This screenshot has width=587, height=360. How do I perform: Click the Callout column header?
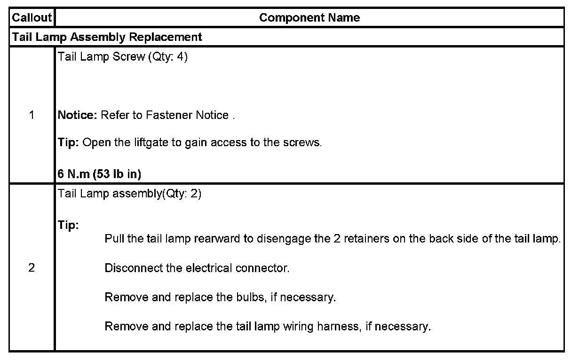click(32, 18)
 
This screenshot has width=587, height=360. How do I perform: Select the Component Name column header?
click(309, 18)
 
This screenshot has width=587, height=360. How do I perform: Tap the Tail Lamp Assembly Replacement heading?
click(107, 37)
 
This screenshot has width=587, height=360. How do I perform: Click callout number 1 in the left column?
click(32, 115)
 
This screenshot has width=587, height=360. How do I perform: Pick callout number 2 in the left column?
click(32, 268)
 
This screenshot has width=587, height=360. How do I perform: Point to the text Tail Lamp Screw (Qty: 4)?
click(122, 57)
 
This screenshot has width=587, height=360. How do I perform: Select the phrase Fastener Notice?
click(187, 115)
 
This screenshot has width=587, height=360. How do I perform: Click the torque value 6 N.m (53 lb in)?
click(99, 174)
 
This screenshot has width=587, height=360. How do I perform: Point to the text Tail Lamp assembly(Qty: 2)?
click(129, 194)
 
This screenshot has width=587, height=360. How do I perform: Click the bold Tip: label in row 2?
click(68, 225)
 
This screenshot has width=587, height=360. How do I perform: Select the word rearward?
click(216, 239)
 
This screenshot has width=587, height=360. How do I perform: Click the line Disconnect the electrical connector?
click(197, 268)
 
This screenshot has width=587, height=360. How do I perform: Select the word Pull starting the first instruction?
click(114, 239)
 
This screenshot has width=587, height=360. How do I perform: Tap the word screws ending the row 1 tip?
click(303, 142)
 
